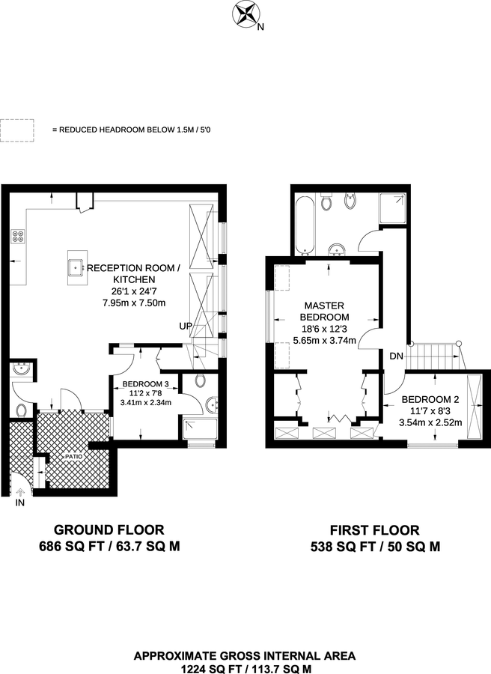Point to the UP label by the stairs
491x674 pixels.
point(185,327)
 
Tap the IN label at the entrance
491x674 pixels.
point(19,503)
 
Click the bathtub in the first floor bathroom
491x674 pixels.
point(303,225)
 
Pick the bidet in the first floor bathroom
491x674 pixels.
point(350,201)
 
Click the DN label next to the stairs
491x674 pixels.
point(395,356)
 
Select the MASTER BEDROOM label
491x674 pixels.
point(323,312)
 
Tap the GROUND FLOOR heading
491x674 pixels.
point(109,530)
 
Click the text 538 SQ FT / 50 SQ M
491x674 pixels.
point(375,547)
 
